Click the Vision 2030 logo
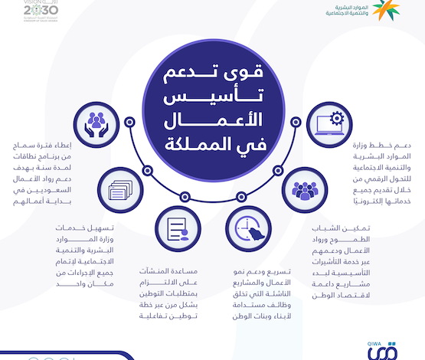tap(41, 11)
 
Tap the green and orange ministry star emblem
tap(386, 10)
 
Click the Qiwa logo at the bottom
tap(382, 351)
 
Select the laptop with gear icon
tap(329, 125)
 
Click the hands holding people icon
tap(96, 125)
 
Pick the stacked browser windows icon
tap(120, 190)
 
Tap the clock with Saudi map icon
tap(248, 228)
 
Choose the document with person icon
tap(178, 229)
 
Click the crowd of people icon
tap(305, 190)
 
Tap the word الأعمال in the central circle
tap(213, 119)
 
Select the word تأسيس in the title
tap(213, 97)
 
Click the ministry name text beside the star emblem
tap(347, 10)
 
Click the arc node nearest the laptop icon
tap(296, 123)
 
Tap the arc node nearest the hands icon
tap(129, 123)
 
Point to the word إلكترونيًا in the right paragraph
tap(369, 201)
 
